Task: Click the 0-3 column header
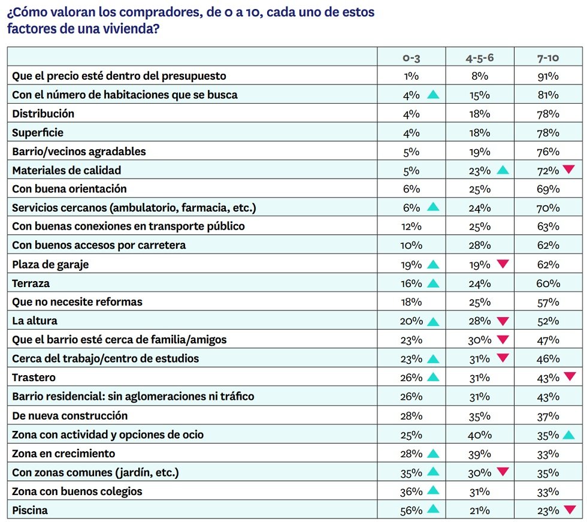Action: (411, 58)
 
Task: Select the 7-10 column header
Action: (548, 58)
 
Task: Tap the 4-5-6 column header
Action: (480, 58)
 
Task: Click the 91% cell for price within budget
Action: (548, 76)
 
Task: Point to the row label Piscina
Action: (30, 511)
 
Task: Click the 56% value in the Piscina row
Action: (411, 511)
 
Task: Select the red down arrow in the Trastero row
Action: (570, 376)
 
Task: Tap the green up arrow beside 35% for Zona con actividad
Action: (568, 435)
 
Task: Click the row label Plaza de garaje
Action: (50, 265)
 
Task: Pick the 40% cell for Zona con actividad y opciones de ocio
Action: (480, 435)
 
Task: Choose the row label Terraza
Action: (31, 283)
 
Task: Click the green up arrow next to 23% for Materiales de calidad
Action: (503, 170)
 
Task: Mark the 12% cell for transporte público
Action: (411, 227)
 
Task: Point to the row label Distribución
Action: (43, 113)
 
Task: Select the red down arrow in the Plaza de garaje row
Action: (503, 264)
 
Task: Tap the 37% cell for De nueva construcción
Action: (548, 416)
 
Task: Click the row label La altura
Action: (35, 321)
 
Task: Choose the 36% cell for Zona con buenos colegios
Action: (411, 491)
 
